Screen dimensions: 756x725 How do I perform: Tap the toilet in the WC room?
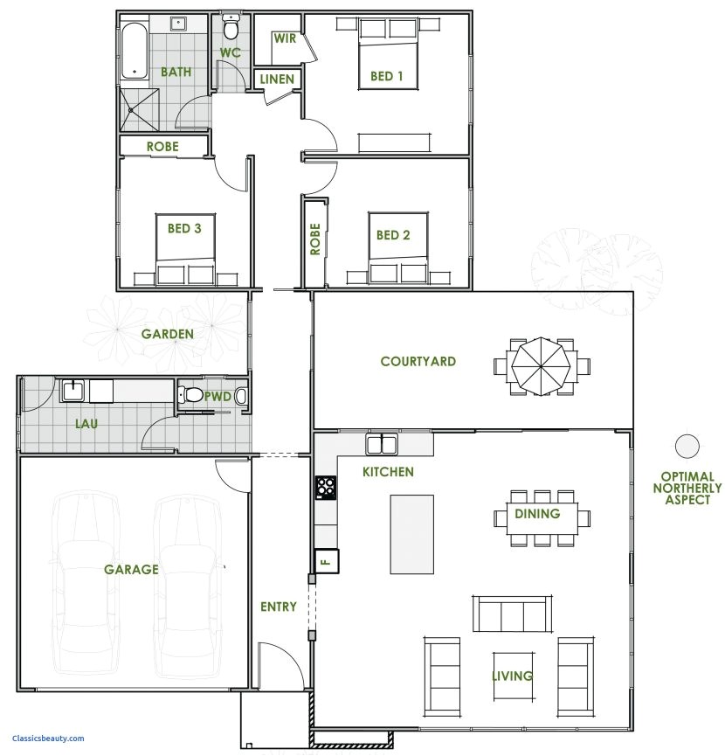point(231,29)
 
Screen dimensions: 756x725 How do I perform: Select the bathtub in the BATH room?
point(135,51)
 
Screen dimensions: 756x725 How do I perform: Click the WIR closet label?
point(284,38)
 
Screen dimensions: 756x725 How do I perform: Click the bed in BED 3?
point(185,248)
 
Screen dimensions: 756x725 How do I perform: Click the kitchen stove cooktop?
point(326,487)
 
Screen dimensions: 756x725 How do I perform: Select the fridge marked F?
point(326,559)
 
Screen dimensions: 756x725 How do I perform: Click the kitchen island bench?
point(411,533)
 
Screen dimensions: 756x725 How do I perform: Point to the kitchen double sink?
point(383,446)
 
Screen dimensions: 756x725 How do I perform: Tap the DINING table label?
point(536,514)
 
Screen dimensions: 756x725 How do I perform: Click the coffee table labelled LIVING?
point(512,676)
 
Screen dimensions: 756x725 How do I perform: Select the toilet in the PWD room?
point(191,396)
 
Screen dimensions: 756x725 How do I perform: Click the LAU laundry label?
point(86,424)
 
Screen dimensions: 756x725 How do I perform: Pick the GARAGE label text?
point(131,569)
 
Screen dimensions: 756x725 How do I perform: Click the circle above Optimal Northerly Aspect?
point(687,446)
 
